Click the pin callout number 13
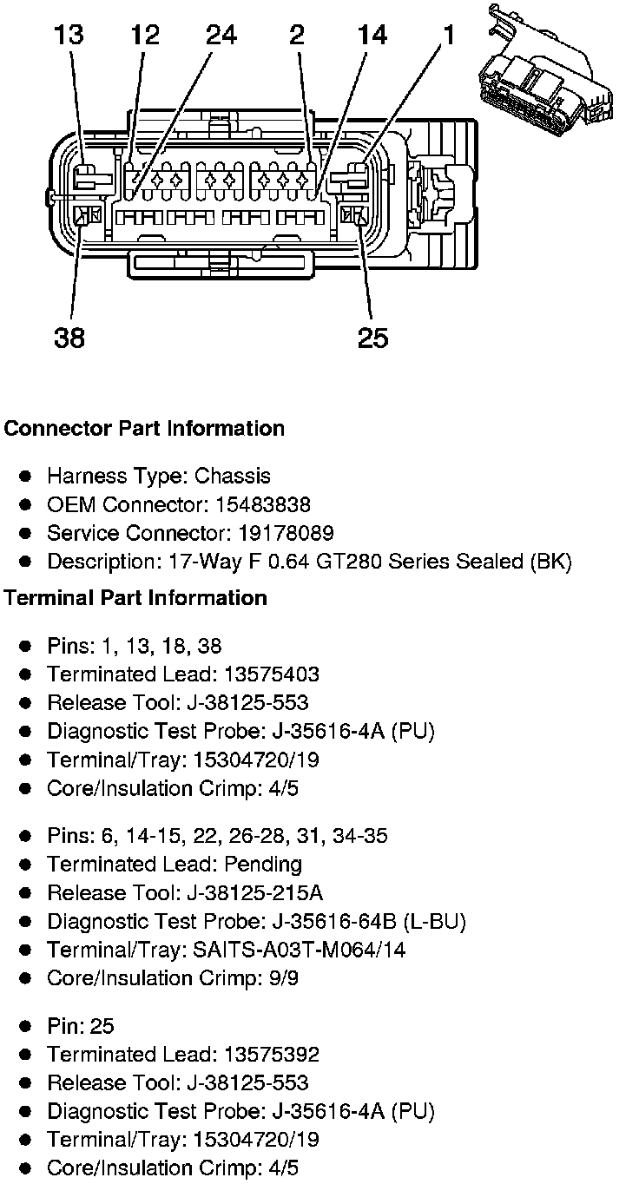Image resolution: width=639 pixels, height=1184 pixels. click(68, 36)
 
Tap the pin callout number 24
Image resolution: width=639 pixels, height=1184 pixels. click(221, 36)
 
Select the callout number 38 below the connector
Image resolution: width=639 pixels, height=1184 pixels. click(69, 337)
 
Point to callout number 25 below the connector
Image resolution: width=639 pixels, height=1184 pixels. click(373, 337)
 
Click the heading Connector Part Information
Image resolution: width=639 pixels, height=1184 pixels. click(144, 429)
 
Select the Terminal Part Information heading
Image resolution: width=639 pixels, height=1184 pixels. click(135, 598)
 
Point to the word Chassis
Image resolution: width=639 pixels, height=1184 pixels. click(233, 477)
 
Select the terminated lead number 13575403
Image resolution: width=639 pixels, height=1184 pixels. click(272, 674)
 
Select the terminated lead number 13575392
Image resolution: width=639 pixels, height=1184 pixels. click(272, 1055)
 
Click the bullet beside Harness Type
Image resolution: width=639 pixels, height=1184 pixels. click(27, 477)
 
